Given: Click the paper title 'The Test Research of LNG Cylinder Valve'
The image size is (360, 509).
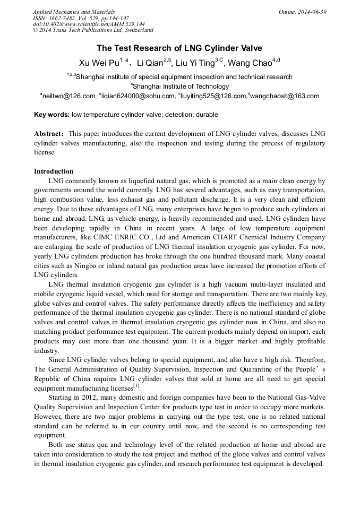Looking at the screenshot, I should [x=179, y=48].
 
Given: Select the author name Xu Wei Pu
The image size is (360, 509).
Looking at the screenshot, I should [x=99, y=63].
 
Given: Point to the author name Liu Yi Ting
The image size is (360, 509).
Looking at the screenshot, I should [x=195, y=63].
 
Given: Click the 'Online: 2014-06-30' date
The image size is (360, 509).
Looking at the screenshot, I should [x=303, y=12].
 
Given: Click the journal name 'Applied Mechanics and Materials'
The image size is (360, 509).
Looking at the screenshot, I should [x=74, y=12].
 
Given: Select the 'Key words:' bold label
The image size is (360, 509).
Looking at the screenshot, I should [x=52, y=115].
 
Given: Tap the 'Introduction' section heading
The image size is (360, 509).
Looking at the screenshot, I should [x=54, y=171].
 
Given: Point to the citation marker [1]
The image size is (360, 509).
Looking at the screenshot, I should [x=136, y=386].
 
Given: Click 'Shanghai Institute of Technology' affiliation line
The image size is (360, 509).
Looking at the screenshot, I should [x=180, y=87].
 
